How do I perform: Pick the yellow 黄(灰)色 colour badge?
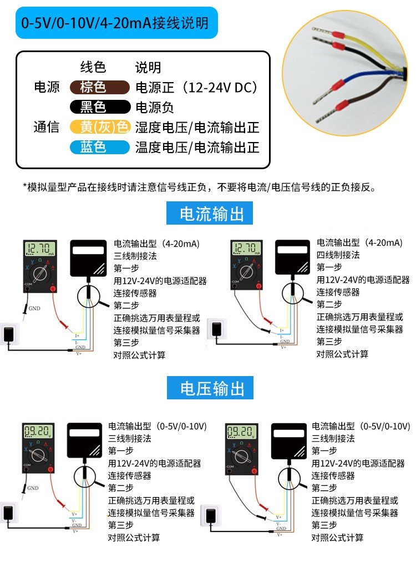tap(99, 127)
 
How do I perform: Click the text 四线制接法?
tap(338, 255)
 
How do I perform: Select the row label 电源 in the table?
tap(47, 88)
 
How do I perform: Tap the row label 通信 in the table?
tap(47, 127)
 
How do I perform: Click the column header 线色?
tap(93, 68)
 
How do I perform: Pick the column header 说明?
tap(148, 68)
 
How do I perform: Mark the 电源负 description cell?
tap(155, 107)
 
